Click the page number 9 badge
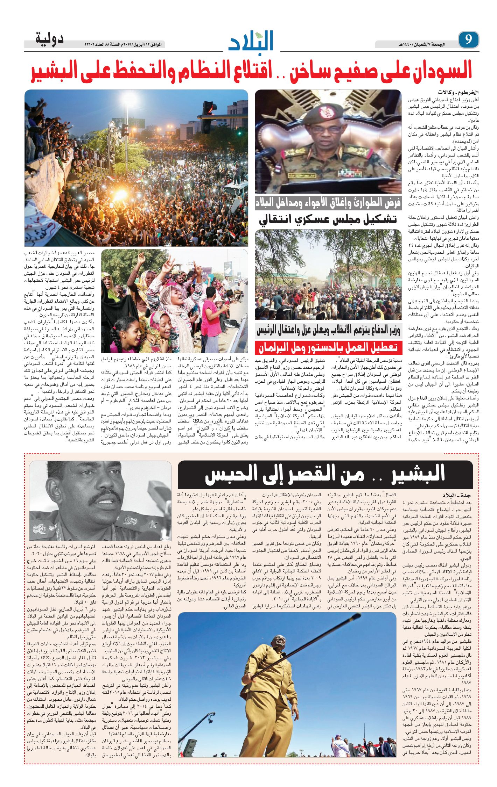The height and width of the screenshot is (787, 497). tap(468, 39)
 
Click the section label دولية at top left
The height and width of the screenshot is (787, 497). tap(49, 38)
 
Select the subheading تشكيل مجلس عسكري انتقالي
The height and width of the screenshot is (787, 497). tap(328, 219)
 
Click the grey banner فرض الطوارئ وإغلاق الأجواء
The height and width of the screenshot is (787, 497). tap(328, 203)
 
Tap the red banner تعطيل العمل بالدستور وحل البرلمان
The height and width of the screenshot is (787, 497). tap(328, 348)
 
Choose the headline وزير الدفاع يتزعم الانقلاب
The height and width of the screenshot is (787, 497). tap(328, 330)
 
